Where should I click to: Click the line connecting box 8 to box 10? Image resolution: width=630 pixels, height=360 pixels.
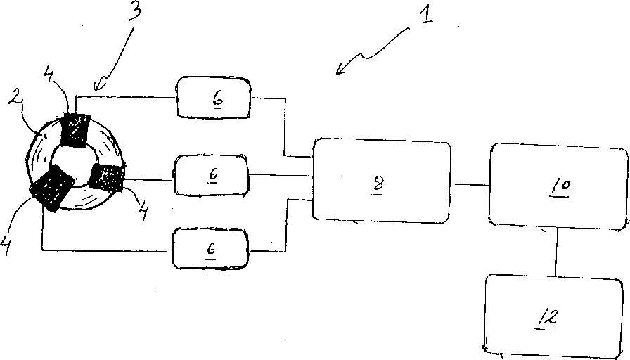coord(470,184)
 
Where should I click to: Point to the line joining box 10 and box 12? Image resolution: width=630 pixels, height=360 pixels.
coord(557,251)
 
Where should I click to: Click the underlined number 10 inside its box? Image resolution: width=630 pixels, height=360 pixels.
coord(561,186)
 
